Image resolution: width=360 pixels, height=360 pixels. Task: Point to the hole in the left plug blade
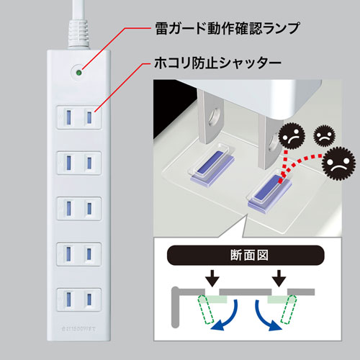pyautogui.click(x=213, y=114)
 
